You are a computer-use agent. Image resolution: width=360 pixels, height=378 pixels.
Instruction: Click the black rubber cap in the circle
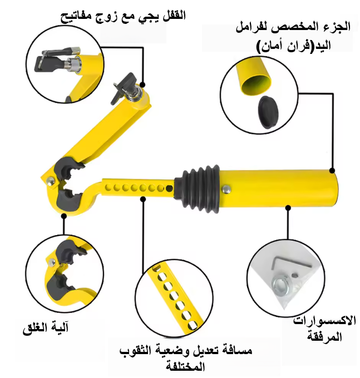pos(269,112)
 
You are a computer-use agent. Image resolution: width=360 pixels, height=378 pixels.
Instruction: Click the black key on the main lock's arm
pos(124,87)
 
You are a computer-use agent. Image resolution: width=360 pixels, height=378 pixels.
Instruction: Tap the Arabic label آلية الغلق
pos(46,328)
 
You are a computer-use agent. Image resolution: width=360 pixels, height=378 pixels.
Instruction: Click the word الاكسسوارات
pos(324,321)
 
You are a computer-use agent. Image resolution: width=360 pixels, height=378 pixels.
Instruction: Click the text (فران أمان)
pos(284,47)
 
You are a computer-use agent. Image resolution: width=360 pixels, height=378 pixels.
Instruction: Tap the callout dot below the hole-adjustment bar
pos(143,199)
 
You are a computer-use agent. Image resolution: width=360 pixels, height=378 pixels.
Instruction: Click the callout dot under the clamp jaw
pos(64,216)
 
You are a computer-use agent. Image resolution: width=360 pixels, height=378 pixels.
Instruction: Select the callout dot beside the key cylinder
pos(142,84)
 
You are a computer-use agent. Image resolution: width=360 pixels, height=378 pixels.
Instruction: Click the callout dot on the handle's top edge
pos(332,171)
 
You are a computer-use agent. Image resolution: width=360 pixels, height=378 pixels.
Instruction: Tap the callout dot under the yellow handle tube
pos(288,207)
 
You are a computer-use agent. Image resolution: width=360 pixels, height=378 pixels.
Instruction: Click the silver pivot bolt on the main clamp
pos(51,181)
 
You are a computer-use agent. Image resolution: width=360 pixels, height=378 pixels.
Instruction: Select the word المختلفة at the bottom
pos(185,366)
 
